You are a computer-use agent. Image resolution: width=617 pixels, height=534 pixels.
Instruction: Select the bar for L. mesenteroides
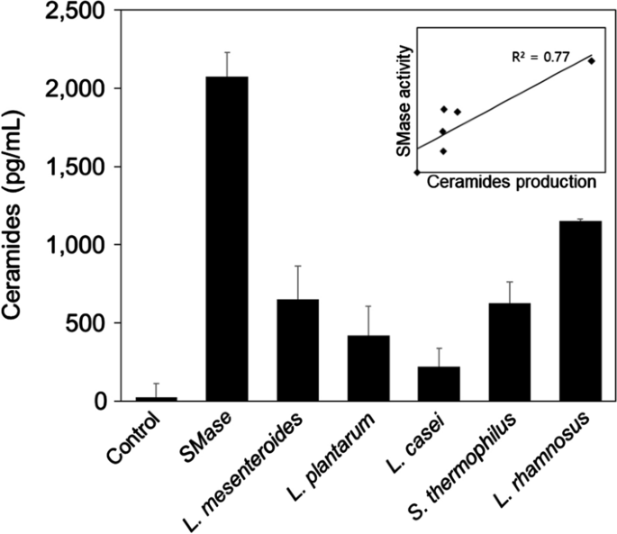pyautogui.click(x=296, y=350)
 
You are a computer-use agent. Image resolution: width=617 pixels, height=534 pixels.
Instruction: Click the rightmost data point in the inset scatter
pyautogui.click(x=592, y=60)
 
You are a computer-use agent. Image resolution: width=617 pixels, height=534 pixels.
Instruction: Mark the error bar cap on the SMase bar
pyautogui.click(x=227, y=52)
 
